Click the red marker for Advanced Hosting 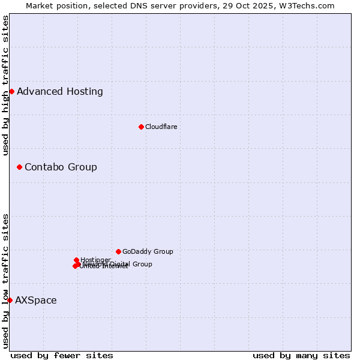pos(11,91)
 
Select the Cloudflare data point pos(141,127)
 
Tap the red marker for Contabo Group pos(19,167)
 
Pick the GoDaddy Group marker pos(118,251)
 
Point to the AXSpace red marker pos(10,300)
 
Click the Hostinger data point pos(76,260)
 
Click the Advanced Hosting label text pos(60,91)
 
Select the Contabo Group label pos(61,167)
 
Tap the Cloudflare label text pos(161,127)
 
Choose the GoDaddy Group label pos(148,251)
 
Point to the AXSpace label pos(36,300)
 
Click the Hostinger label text pos(95,260)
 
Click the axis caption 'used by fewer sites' pos(62,355)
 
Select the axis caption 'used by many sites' pos(301,355)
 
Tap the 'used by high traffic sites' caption pos(6,85)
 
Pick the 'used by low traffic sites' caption pos(6,280)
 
